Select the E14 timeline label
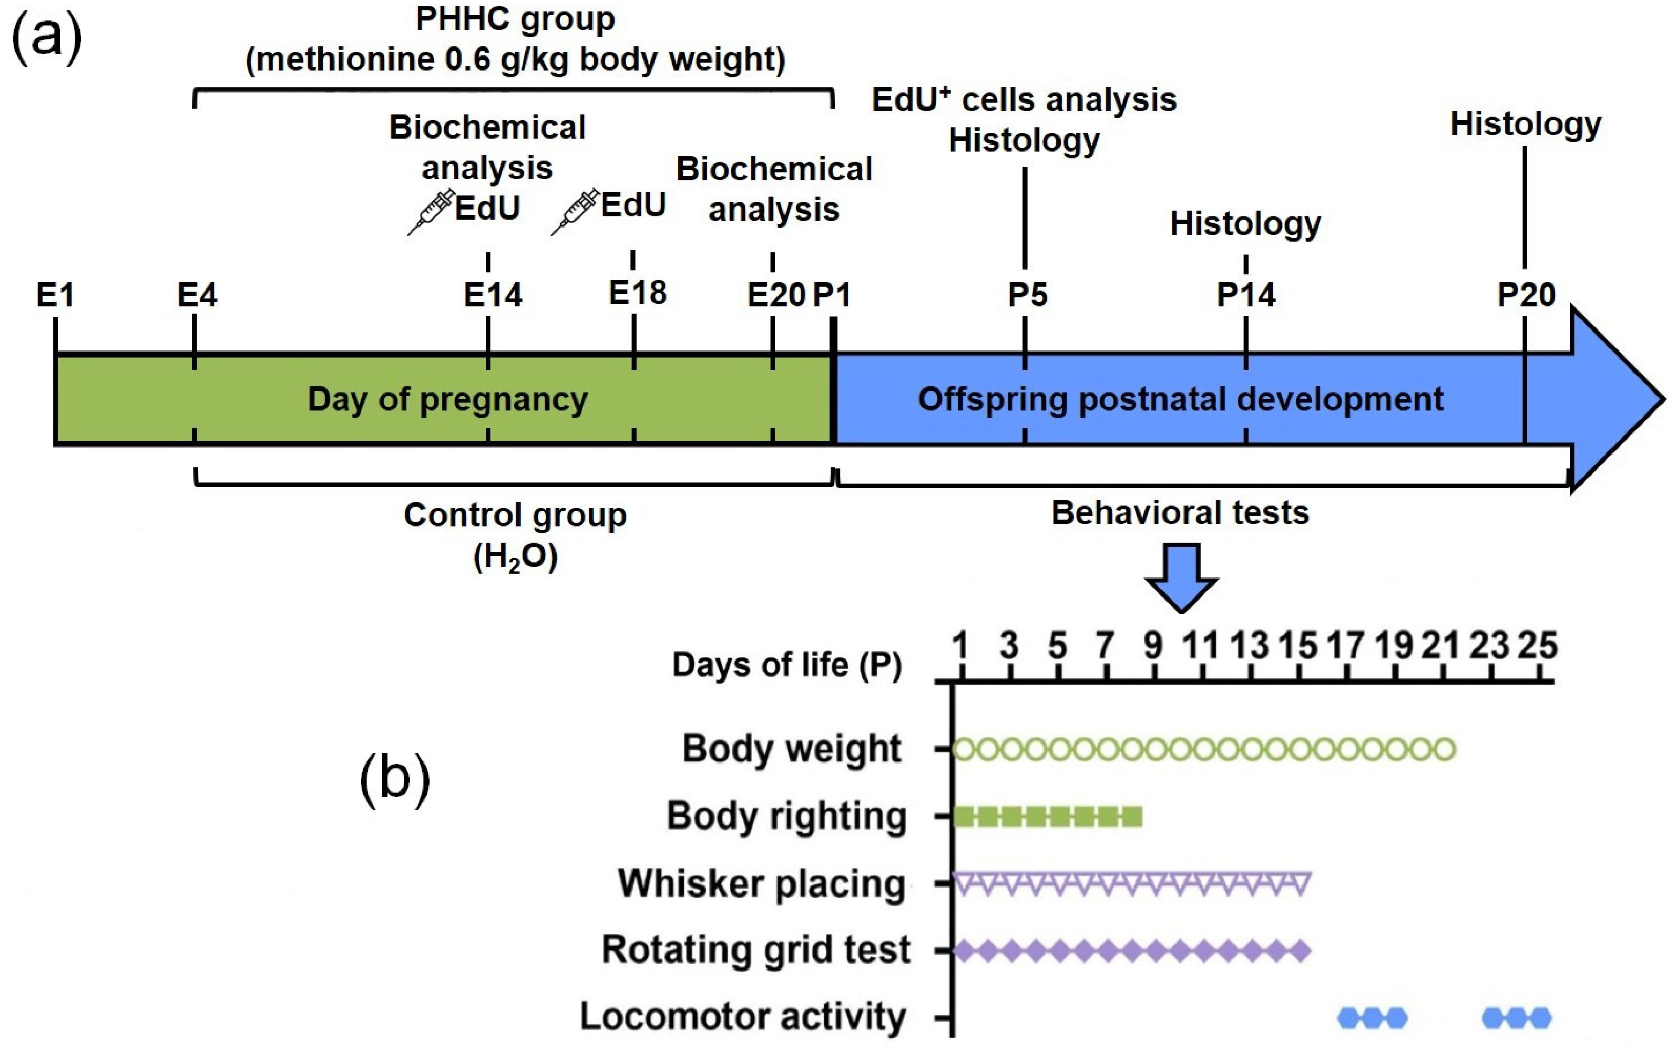[493, 296]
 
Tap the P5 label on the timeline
[1027, 296]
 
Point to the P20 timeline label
[1526, 296]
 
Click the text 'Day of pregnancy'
[447, 399]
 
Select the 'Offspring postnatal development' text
[1180, 399]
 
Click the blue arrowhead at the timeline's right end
[1614, 399]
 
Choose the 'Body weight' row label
[791, 749]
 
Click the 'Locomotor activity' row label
[743, 1017]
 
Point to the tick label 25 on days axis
[1538, 646]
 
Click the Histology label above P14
[1245, 224]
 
